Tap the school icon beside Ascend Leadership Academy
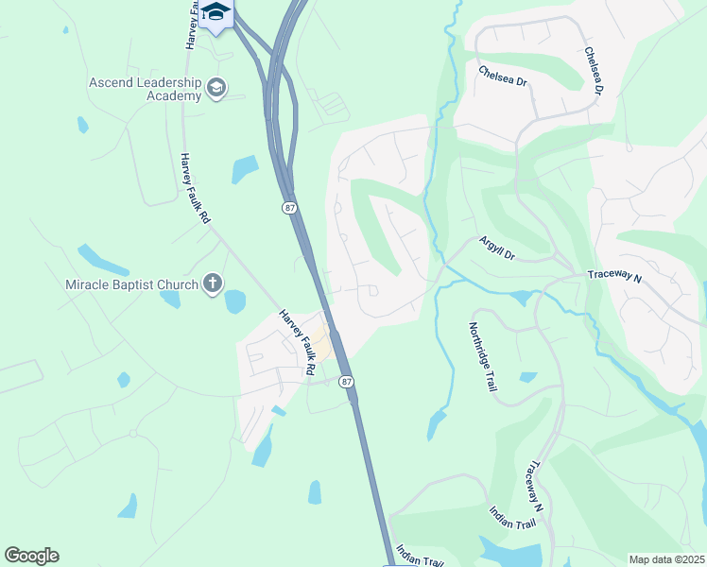(x=217, y=89)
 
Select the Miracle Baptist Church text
(x=131, y=284)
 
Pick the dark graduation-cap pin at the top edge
(x=216, y=13)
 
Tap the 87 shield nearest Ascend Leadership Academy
(x=287, y=207)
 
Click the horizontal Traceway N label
(x=614, y=277)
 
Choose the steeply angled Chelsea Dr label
(x=594, y=72)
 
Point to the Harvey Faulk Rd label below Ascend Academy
(x=196, y=188)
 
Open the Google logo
(x=31, y=556)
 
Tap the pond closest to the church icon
(x=234, y=301)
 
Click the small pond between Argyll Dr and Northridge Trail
(x=520, y=299)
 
